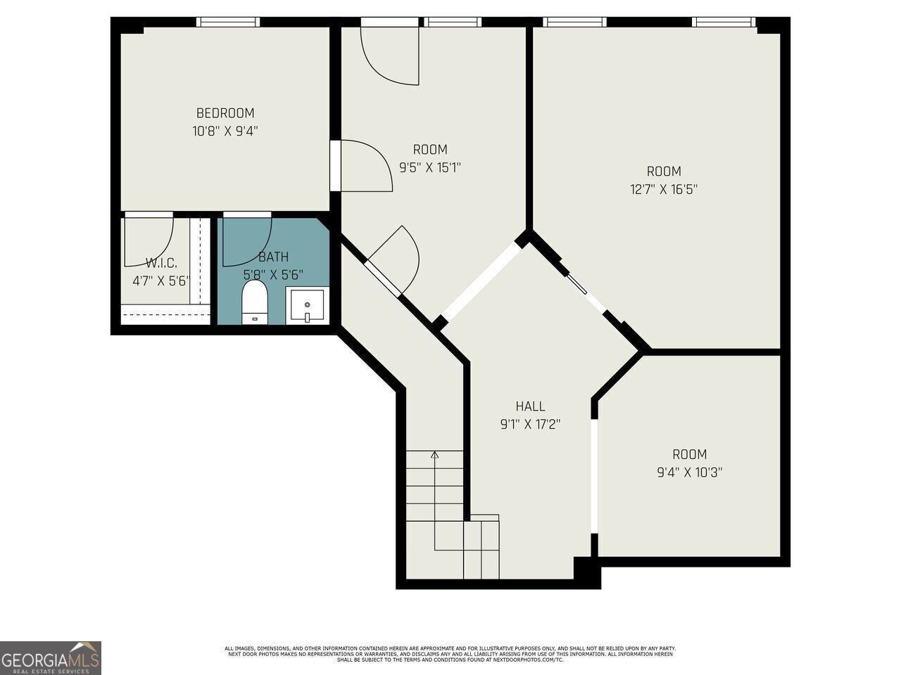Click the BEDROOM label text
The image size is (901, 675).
pos(225,113)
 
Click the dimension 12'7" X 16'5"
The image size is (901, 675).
pos(664,189)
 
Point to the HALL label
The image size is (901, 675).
pos(530,406)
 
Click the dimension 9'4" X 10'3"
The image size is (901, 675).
pos(689,472)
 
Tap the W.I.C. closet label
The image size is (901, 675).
pos(161,263)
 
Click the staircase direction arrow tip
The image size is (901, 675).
pos(435,454)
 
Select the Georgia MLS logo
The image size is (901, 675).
pos(51,658)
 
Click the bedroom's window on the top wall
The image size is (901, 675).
pos(227,22)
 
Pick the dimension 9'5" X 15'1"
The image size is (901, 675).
pos(429,167)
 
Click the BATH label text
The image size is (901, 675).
pos(273,257)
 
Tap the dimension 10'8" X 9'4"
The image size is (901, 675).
pos(225,131)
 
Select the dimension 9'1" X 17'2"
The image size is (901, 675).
pos(530,424)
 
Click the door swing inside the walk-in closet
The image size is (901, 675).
pos(149,243)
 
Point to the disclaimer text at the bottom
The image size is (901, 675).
pos(450,654)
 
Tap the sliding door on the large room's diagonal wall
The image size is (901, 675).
pos(579,285)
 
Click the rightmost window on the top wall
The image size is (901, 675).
pos(724,22)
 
